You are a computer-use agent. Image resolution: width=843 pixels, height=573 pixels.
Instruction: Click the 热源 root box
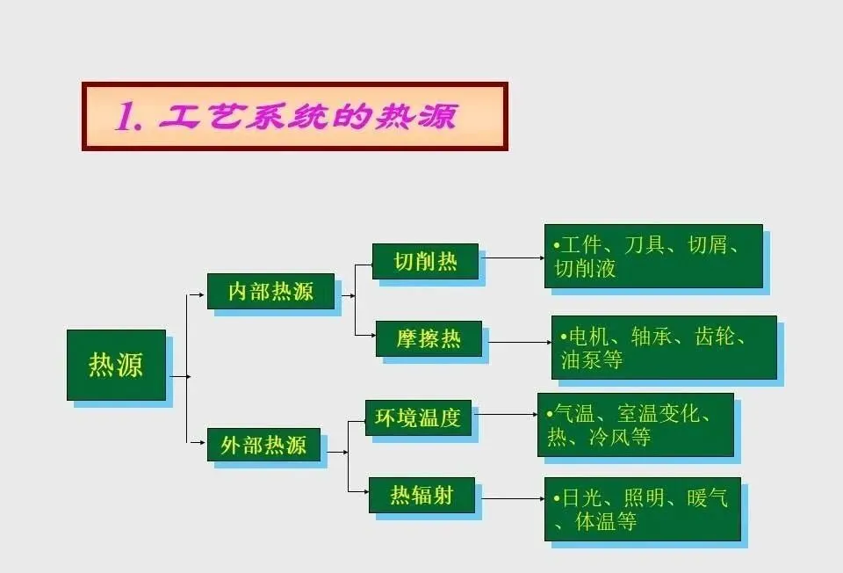point(116,365)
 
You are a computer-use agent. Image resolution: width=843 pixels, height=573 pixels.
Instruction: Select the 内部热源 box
point(270,291)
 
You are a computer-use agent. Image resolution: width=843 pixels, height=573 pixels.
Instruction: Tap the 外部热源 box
point(263,445)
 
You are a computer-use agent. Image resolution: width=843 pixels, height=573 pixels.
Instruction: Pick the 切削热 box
point(425,261)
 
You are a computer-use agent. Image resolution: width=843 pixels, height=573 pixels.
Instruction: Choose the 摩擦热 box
point(429,338)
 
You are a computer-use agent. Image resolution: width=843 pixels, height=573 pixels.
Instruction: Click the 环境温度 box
point(418,417)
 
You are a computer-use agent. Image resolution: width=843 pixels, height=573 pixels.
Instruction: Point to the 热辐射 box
point(421,495)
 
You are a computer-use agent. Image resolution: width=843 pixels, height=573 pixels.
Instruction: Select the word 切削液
point(585,268)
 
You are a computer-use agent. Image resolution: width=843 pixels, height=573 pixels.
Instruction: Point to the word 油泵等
point(592,359)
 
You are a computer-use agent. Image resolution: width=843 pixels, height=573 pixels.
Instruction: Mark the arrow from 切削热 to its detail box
point(514,258)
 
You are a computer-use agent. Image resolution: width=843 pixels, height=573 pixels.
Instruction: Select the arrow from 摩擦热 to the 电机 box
point(519,340)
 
